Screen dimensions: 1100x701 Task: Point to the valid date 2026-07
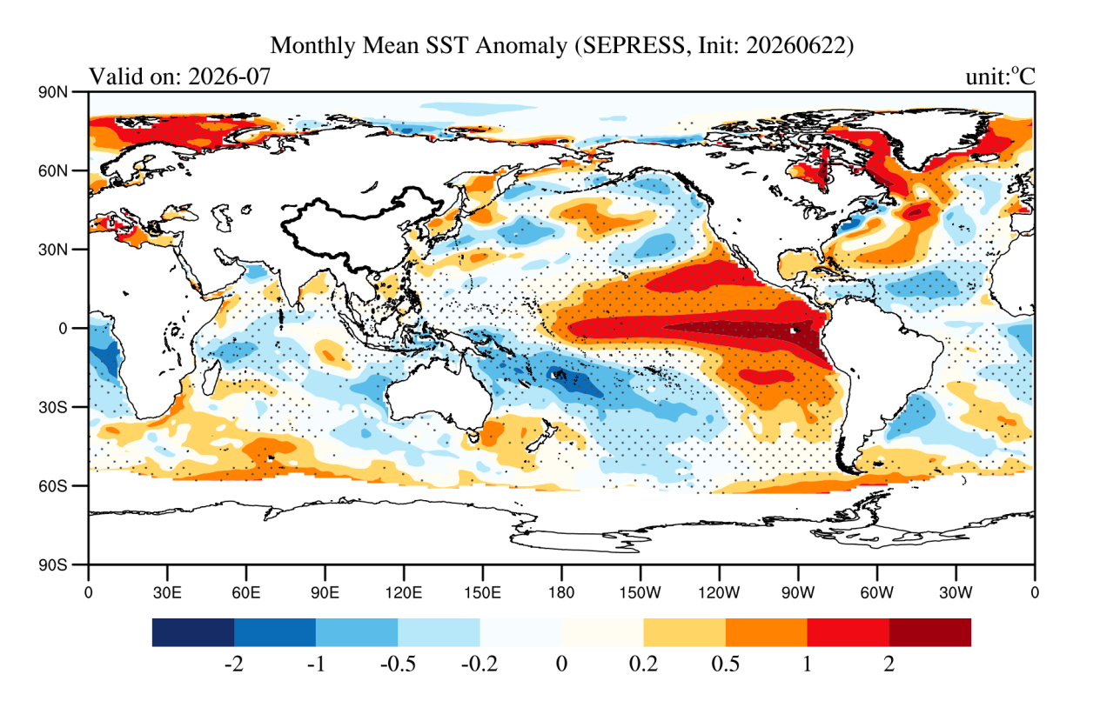click(x=229, y=77)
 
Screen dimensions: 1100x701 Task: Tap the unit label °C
click(x=1023, y=77)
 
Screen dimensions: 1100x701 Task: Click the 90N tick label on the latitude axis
click(x=53, y=92)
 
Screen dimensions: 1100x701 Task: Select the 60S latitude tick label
click(x=53, y=486)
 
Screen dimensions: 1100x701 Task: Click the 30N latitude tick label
click(x=53, y=250)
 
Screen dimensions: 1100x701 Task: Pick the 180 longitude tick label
click(x=561, y=593)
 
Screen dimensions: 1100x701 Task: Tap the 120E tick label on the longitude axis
click(x=404, y=593)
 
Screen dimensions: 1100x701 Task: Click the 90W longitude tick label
click(x=798, y=593)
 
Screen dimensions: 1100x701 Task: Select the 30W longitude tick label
click(x=956, y=593)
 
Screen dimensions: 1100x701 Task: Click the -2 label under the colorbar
click(x=234, y=664)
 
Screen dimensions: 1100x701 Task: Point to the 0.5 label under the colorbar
click(x=725, y=664)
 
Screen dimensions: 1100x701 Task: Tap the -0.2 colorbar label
click(x=480, y=664)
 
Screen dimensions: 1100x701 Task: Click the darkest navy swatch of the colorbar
click(x=193, y=632)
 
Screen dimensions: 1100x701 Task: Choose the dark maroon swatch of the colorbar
click(x=930, y=632)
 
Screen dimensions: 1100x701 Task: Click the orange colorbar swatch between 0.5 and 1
click(x=767, y=632)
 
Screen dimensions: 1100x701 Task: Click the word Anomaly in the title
click(x=521, y=45)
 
